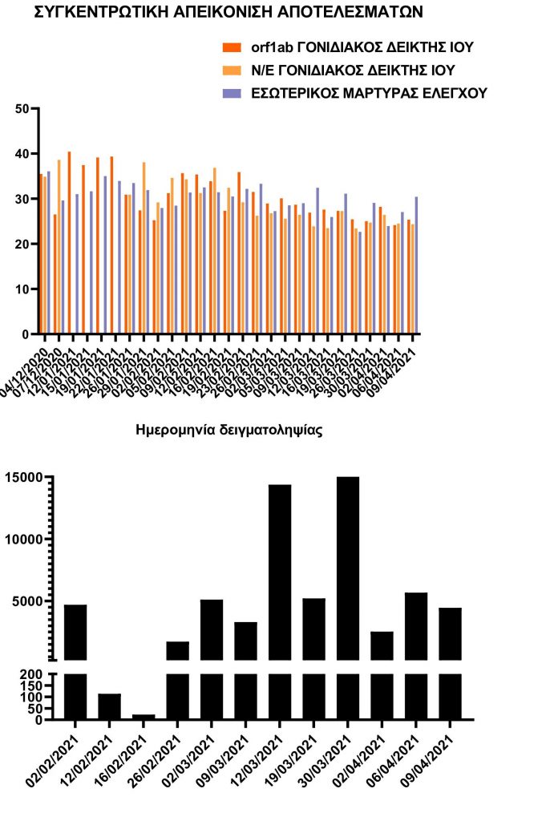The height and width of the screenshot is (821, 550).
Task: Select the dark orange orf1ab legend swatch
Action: point(232,47)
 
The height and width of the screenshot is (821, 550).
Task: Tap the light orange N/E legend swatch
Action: point(232,71)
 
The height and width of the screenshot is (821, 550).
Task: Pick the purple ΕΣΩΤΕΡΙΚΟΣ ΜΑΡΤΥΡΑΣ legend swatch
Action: point(232,94)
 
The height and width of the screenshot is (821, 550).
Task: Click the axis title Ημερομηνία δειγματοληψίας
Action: point(230,431)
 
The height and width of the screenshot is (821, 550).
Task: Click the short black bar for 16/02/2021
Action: point(144,717)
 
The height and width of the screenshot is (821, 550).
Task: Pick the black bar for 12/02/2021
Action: point(109,706)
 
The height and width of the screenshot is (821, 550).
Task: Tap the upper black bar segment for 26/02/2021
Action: point(177,650)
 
